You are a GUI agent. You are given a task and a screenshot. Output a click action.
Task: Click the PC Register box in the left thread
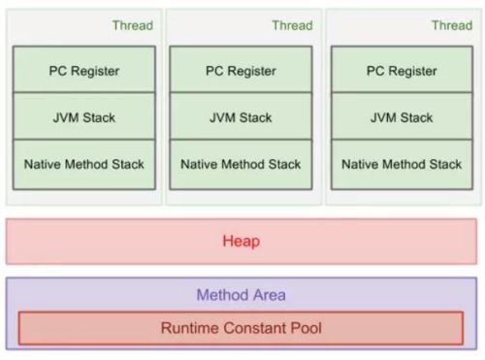pyautogui.click(x=83, y=70)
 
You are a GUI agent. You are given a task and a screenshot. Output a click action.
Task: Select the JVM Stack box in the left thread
pyautogui.click(x=83, y=117)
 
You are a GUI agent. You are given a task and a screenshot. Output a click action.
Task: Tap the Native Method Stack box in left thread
pyautogui.click(x=83, y=164)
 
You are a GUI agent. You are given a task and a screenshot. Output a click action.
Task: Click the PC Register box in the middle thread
pyautogui.click(x=241, y=70)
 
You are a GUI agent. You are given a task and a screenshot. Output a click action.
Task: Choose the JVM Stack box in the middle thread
pyautogui.click(x=241, y=117)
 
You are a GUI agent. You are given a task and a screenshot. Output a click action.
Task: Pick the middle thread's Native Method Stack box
pyautogui.click(x=241, y=164)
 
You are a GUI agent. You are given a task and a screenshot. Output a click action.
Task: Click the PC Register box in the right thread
pyautogui.click(x=402, y=70)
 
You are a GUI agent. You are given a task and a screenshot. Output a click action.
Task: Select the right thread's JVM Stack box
pyautogui.click(x=402, y=117)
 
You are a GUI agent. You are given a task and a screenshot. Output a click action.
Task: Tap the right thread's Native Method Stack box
pyautogui.click(x=402, y=164)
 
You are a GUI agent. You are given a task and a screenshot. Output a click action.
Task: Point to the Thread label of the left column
pyautogui.click(x=133, y=25)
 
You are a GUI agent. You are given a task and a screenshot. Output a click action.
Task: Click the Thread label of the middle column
pyautogui.click(x=292, y=25)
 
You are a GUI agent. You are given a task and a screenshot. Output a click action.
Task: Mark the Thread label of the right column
pyautogui.click(x=451, y=25)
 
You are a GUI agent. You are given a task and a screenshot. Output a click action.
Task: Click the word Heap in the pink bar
pyautogui.click(x=242, y=241)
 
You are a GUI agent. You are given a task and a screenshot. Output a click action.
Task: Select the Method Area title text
pyautogui.click(x=242, y=295)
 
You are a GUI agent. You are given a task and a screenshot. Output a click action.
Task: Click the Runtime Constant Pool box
pyautogui.click(x=242, y=328)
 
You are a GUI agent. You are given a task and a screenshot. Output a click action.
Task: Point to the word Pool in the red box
pyautogui.click(x=304, y=328)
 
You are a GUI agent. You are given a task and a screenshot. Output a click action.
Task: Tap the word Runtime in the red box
pyautogui.click(x=189, y=328)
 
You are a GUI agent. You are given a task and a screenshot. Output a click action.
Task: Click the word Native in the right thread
pyautogui.click(x=363, y=164)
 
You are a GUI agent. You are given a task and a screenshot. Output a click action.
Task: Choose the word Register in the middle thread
pyautogui.click(x=253, y=70)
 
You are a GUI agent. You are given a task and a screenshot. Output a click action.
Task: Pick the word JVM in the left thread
pyautogui.click(x=65, y=117)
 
